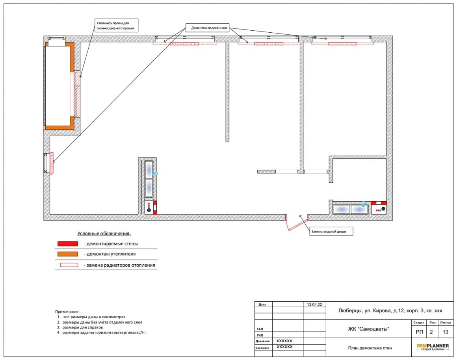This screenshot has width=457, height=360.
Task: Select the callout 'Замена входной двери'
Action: pyautogui.click(x=331, y=232)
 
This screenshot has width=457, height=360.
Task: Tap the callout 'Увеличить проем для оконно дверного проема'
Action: pyautogui.click(x=117, y=26)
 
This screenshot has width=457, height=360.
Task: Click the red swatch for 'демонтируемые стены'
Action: pyautogui.click(x=68, y=244)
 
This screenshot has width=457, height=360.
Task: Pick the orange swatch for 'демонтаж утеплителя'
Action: pyautogui.click(x=68, y=254)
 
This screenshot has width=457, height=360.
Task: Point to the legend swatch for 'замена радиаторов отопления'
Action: pyautogui.click(x=69, y=265)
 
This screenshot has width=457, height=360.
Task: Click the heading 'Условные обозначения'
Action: pyautogui.click(x=104, y=234)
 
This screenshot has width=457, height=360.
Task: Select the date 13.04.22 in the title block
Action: pyautogui.click(x=314, y=304)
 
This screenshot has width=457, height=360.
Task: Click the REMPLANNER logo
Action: pyautogui.click(x=433, y=347)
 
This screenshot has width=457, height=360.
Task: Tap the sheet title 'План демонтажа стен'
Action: pyautogui.click(x=370, y=348)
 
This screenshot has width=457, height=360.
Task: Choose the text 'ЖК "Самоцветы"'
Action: pyautogui.click(x=368, y=329)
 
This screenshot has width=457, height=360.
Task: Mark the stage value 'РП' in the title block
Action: pyautogui.click(x=420, y=332)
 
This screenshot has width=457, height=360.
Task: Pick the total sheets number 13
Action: pyautogui.click(x=445, y=332)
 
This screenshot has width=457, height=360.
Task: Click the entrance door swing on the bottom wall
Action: pyautogui.click(x=297, y=223)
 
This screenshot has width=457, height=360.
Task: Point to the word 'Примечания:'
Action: pyautogui.click(x=67, y=312)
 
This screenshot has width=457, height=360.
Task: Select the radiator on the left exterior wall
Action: pyautogui.click(x=52, y=163)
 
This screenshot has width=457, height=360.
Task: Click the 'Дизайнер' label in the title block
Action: pyautogui.click(x=263, y=341)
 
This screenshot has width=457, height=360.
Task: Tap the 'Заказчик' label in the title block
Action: pyautogui.click(x=262, y=348)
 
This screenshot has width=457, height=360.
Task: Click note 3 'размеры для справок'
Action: pyautogui.click(x=80, y=327)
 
